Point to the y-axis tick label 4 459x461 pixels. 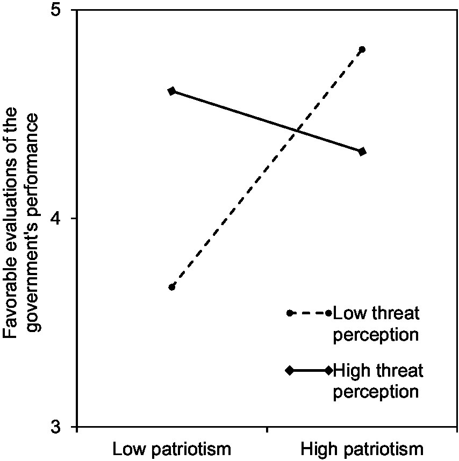tap(61, 219)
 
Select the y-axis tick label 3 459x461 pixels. tap(61, 427)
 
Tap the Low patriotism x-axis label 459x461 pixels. tap(171, 449)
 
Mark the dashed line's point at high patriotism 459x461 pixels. tap(362, 49)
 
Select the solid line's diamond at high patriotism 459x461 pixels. tap(362, 152)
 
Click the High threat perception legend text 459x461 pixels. tap(378, 380)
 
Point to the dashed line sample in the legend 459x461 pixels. tap(309, 313)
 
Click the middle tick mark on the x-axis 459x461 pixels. tap(267, 430)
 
